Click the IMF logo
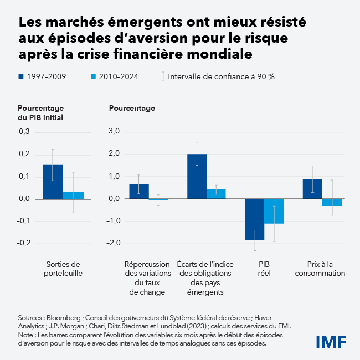331,341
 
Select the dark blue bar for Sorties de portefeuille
53,182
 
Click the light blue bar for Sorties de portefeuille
73,195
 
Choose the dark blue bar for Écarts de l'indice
197,176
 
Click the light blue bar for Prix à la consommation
332,202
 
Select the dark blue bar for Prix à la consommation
312,189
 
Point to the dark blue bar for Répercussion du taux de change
139,192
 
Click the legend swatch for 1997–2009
21,76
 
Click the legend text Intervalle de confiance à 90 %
221,76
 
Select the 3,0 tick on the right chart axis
114,132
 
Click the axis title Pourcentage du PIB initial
40,112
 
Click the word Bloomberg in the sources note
62,318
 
